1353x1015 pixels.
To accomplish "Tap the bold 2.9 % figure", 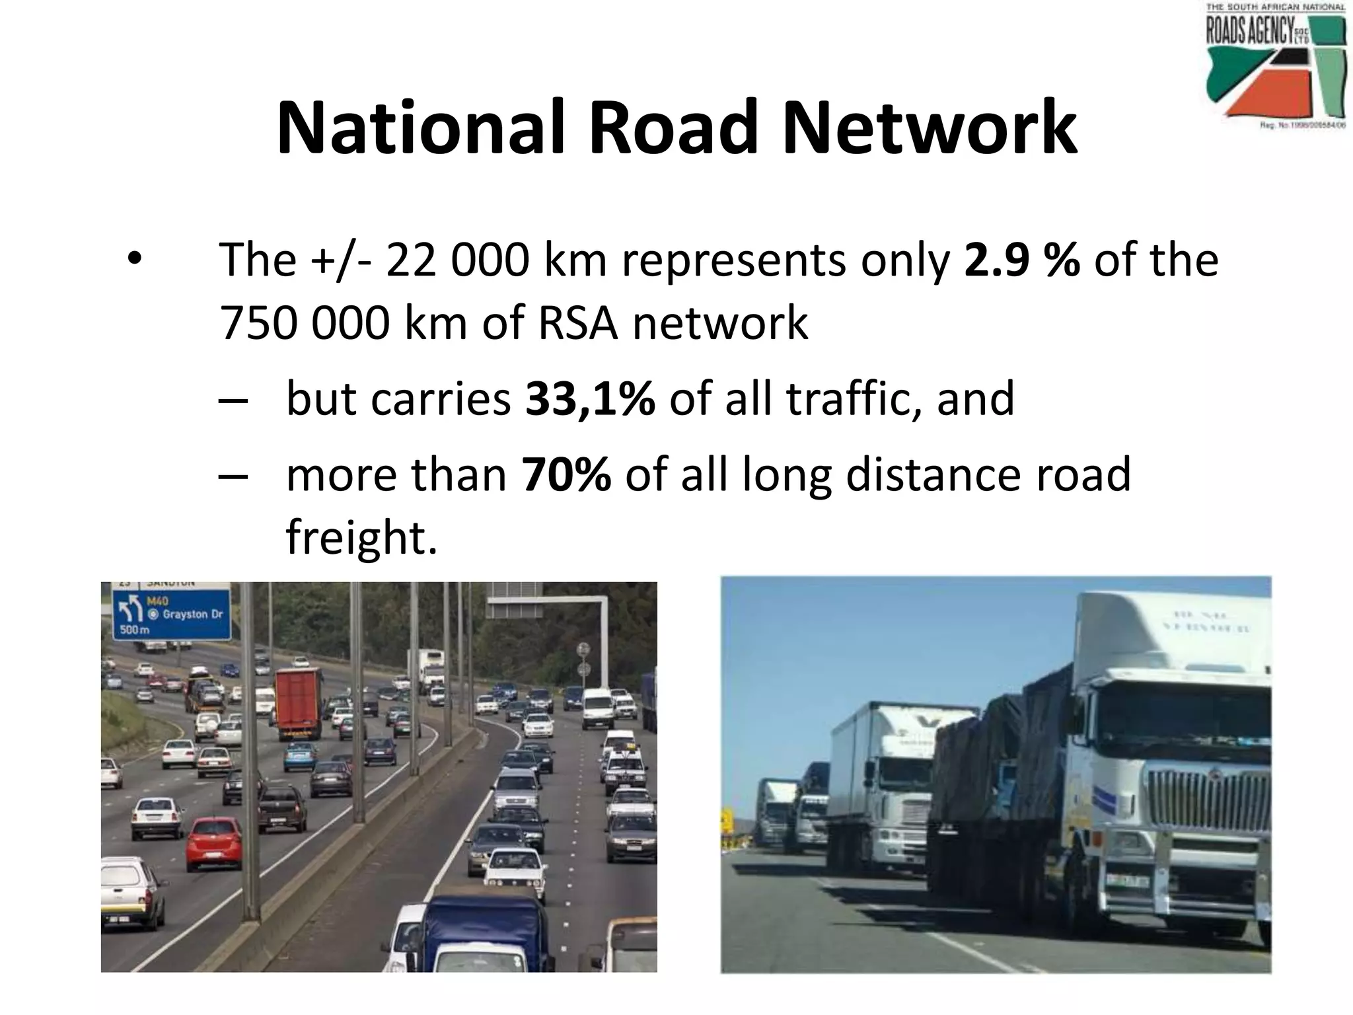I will click(x=1021, y=260).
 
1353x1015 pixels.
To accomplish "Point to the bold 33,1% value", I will click(x=590, y=398).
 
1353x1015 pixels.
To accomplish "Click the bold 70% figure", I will click(x=566, y=474).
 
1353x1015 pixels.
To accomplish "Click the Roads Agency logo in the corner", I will click(x=1276, y=66).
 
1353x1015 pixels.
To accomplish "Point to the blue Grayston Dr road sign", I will click(x=172, y=613).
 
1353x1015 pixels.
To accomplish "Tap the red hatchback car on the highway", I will click(x=214, y=843).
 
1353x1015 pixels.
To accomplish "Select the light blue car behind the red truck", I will click(x=299, y=757).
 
